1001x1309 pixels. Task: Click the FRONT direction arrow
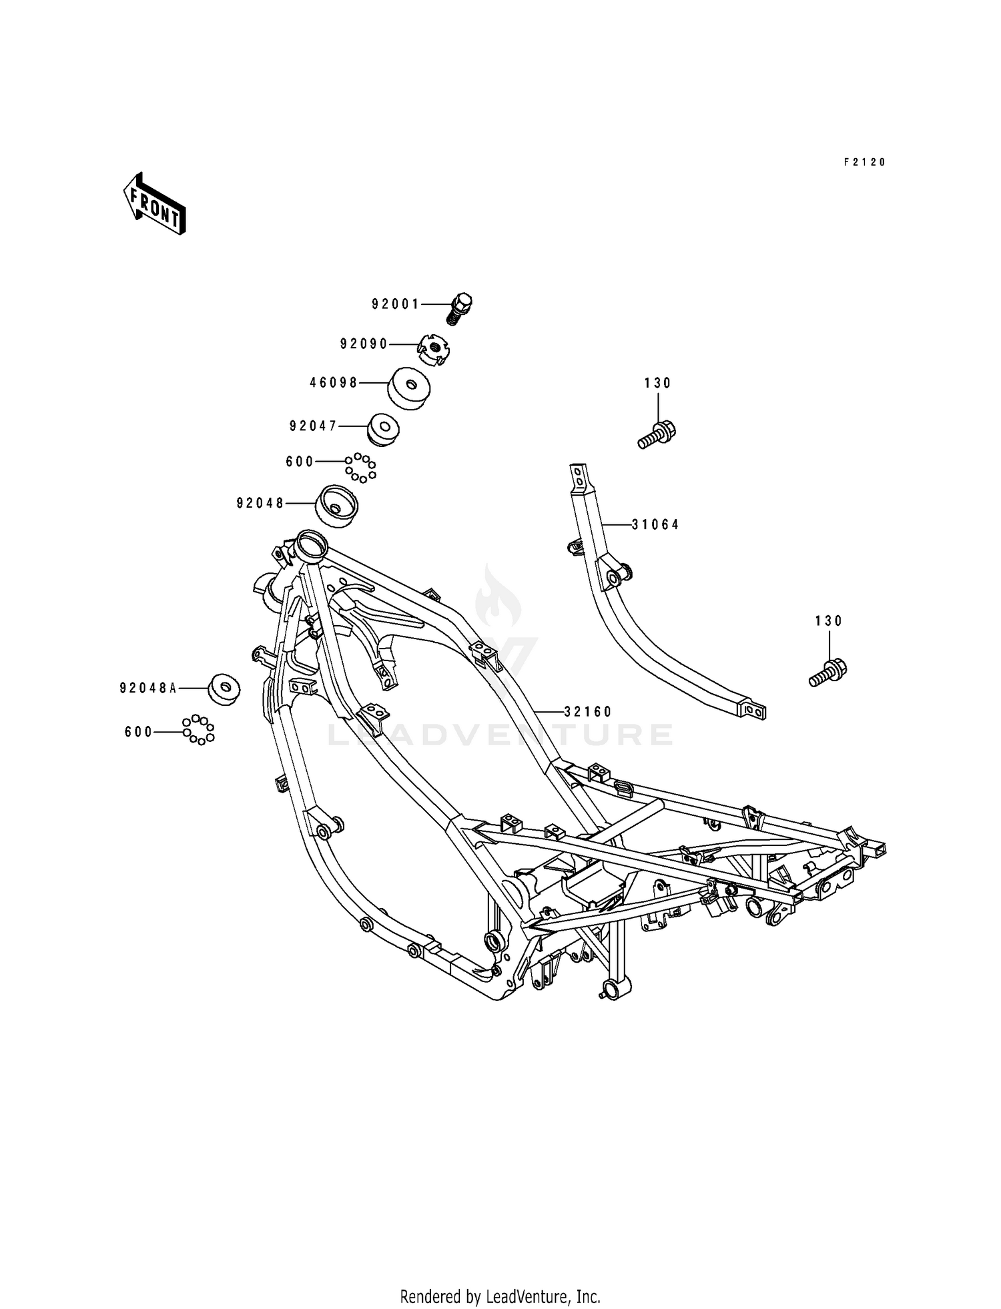coord(153,203)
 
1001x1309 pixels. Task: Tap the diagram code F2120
coord(864,162)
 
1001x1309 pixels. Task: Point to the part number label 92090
coord(364,344)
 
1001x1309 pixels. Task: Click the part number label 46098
coord(334,383)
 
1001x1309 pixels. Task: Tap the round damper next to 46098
coord(408,388)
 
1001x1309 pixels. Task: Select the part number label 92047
coord(314,426)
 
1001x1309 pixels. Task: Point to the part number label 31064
coord(655,525)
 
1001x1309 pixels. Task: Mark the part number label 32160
coord(588,712)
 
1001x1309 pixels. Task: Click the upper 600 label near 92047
coord(300,462)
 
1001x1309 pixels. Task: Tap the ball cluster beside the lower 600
coord(198,729)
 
